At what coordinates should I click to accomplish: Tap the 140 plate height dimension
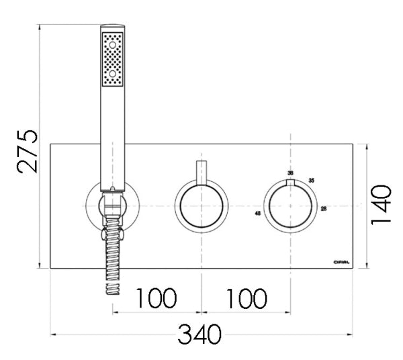382,206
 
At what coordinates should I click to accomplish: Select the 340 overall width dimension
199,334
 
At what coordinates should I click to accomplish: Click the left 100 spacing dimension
156,298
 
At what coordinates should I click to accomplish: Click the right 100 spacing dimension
245,298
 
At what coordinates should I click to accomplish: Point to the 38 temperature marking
290,173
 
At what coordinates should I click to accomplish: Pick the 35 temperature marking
311,180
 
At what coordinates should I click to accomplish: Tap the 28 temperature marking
324,208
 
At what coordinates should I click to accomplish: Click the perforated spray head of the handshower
112,59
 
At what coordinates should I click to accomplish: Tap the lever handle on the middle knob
201,173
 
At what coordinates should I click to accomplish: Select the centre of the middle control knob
201,207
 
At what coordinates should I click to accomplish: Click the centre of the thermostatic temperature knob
290,207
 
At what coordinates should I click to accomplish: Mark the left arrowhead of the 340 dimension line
54,334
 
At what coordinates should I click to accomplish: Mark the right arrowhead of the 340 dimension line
351,334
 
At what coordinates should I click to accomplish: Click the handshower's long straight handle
112,134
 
